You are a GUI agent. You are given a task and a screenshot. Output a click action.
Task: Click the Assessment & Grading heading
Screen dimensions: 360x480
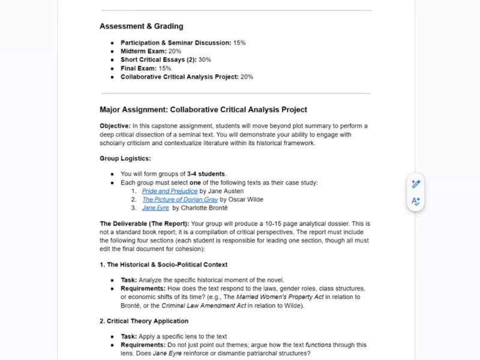pyautogui.click(x=141, y=26)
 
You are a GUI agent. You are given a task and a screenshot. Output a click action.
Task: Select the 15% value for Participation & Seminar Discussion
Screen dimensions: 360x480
pyautogui.click(x=239, y=43)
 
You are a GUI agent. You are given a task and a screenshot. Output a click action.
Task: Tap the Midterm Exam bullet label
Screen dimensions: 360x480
pyautogui.click(x=144, y=52)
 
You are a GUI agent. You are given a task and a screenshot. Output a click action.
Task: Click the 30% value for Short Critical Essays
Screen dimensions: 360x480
pyautogui.click(x=205, y=60)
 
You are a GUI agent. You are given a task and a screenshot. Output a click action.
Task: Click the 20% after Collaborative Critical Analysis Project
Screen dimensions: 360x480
pyautogui.click(x=247, y=77)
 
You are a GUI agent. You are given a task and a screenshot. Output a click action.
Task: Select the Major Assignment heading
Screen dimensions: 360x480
pyautogui.click(x=203, y=110)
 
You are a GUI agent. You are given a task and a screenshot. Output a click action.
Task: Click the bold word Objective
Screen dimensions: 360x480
pyautogui.click(x=115, y=126)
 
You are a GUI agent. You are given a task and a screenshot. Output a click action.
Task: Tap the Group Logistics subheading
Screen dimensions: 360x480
pyautogui.click(x=125, y=159)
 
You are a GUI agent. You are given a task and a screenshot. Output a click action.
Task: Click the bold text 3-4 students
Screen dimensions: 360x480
pyautogui.click(x=206, y=174)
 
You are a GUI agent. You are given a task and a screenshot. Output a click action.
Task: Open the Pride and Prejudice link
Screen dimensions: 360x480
pyautogui.click(x=170, y=191)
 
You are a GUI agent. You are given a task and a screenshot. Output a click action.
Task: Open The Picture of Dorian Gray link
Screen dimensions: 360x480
pyautogui.click(x=179, y=199)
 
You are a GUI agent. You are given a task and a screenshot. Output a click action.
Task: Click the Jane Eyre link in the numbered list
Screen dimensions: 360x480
pyautogui.click(x=155, y=208)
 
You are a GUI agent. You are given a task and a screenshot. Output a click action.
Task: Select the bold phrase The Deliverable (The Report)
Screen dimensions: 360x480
pyautogui.click(x=144, y=224)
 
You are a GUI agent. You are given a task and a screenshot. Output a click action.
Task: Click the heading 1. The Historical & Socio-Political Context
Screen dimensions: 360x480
pyautogui.click(x=163, y=265)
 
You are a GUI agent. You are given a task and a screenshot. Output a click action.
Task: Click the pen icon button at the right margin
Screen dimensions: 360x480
pyautogui.click(x=416, y=184)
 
